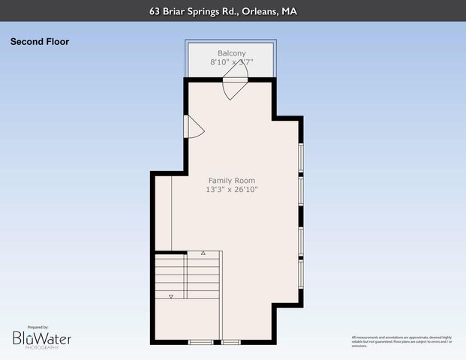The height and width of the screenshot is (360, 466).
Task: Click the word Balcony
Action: click(232, 53)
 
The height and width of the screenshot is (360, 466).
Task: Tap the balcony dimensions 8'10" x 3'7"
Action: click(232, 64)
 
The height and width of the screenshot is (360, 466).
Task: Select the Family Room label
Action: click(232, 181)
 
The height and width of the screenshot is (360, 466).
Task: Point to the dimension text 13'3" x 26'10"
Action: click(232, 190)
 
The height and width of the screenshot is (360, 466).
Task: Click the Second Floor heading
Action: click(40, 42)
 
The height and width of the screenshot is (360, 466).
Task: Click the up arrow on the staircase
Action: click(203, 254)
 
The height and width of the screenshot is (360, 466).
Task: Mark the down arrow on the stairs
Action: click(170, 297)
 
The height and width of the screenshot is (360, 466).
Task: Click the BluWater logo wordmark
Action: click(42, 339)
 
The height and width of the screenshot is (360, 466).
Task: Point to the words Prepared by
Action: click(38, 328)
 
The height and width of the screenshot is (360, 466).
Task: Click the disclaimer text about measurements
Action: click(401, 341)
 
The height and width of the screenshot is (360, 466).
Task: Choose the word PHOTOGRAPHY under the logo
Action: click(41, 348)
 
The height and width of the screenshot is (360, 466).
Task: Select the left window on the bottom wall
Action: click(200, 342)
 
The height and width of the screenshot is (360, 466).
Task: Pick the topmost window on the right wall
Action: click(301, 157)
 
